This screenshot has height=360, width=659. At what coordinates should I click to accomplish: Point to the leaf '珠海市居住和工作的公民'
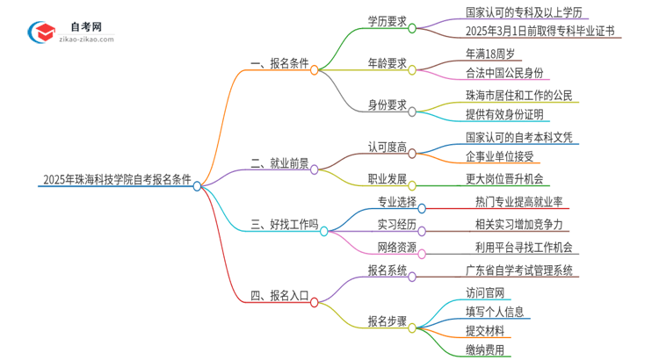tap(519, 95)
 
